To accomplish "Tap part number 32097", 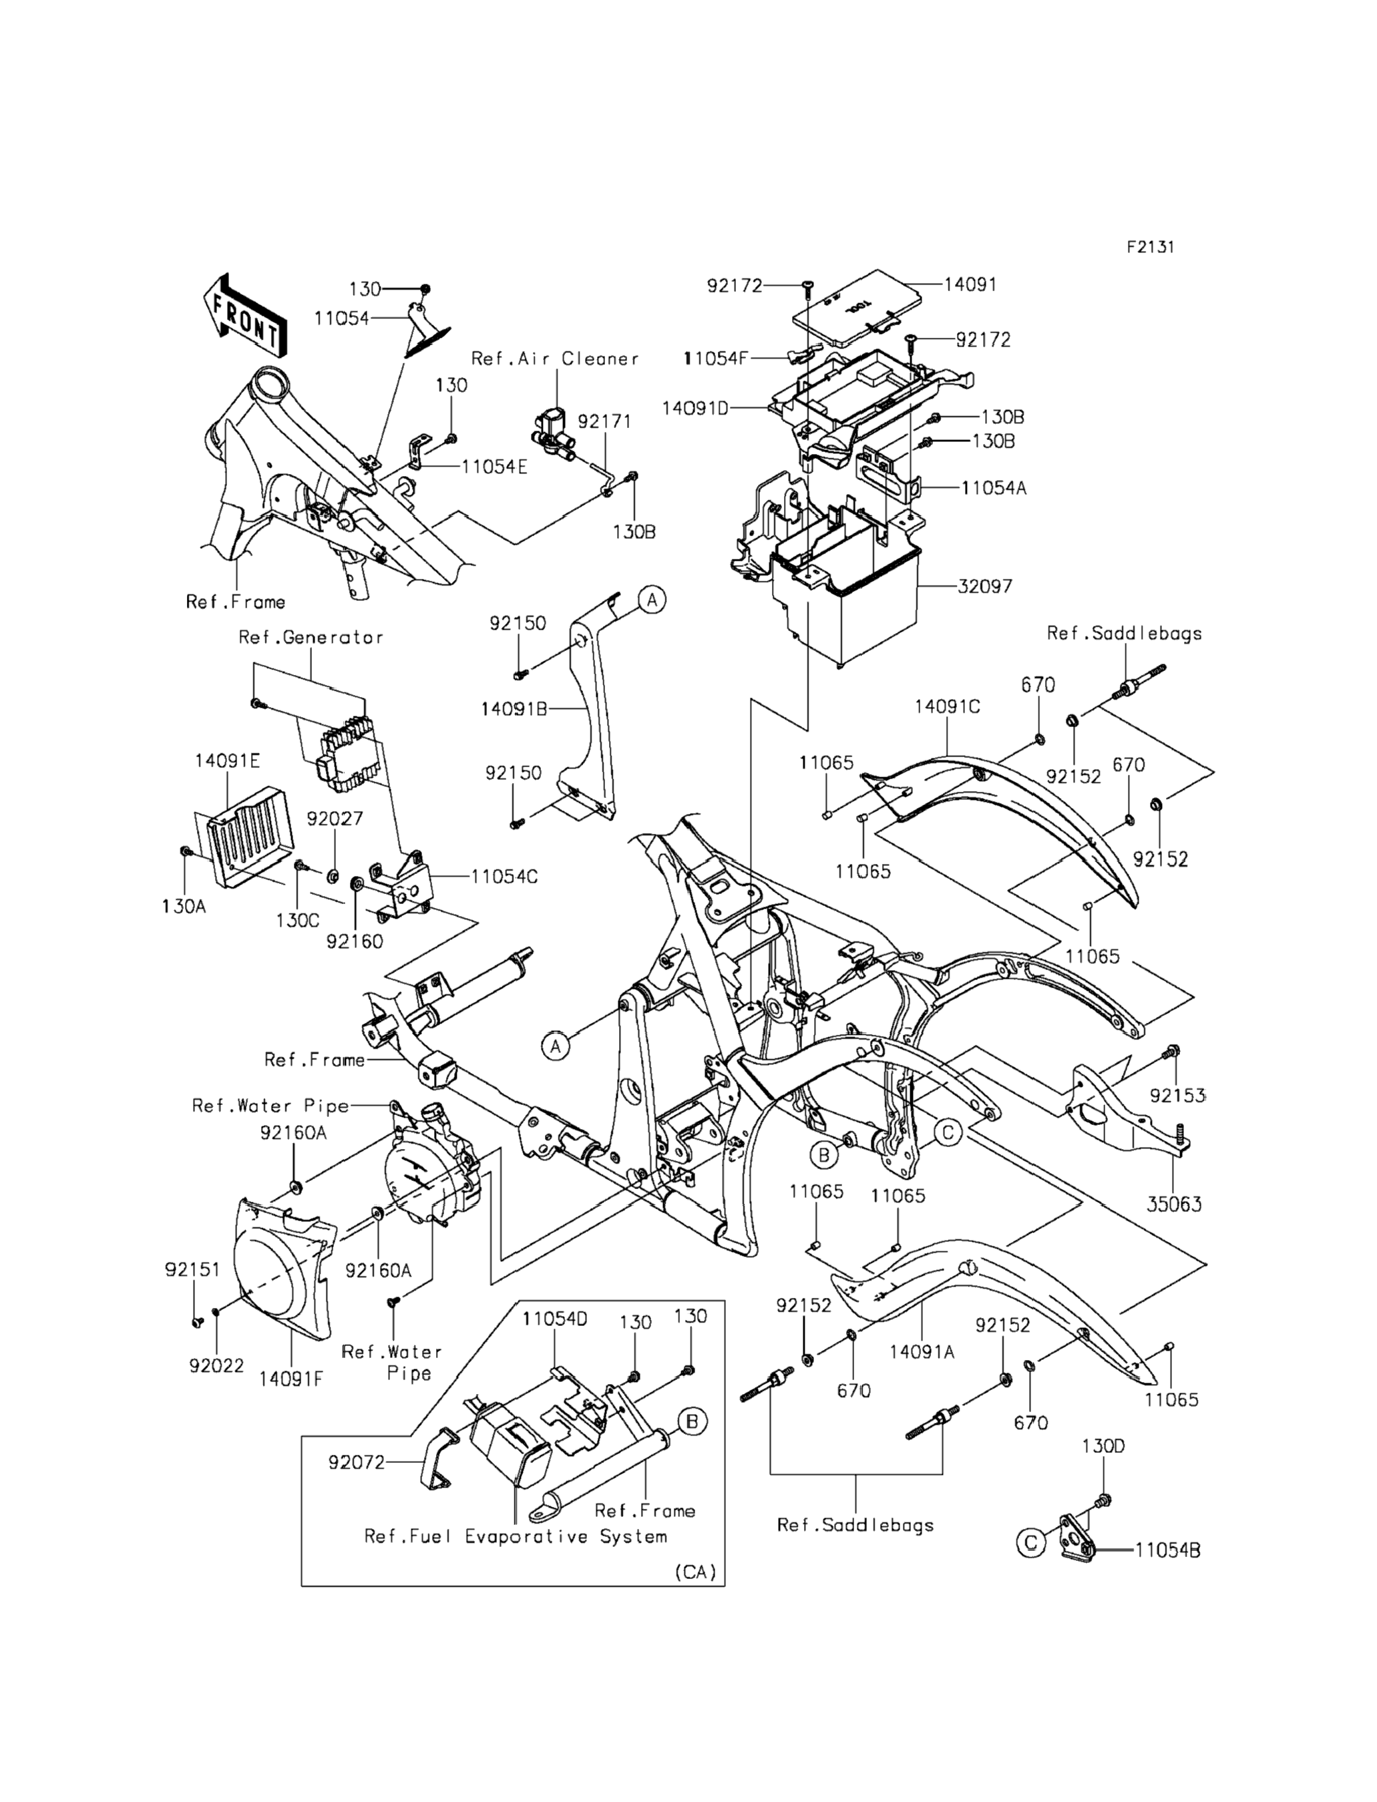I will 984,587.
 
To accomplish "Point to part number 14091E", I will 227,761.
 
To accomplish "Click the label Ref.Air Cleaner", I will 555,359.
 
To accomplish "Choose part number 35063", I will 1174,1204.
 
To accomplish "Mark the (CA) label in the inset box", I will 696,1572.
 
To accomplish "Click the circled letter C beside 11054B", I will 1031,1544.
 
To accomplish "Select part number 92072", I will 357,1462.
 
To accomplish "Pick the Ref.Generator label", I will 311,638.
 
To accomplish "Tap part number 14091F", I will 291,1379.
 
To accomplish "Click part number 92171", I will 604,421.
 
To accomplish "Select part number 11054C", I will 504,877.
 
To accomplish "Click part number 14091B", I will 514,709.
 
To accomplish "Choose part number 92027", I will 335,819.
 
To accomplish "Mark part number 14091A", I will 922,1352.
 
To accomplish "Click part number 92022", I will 216,1365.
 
